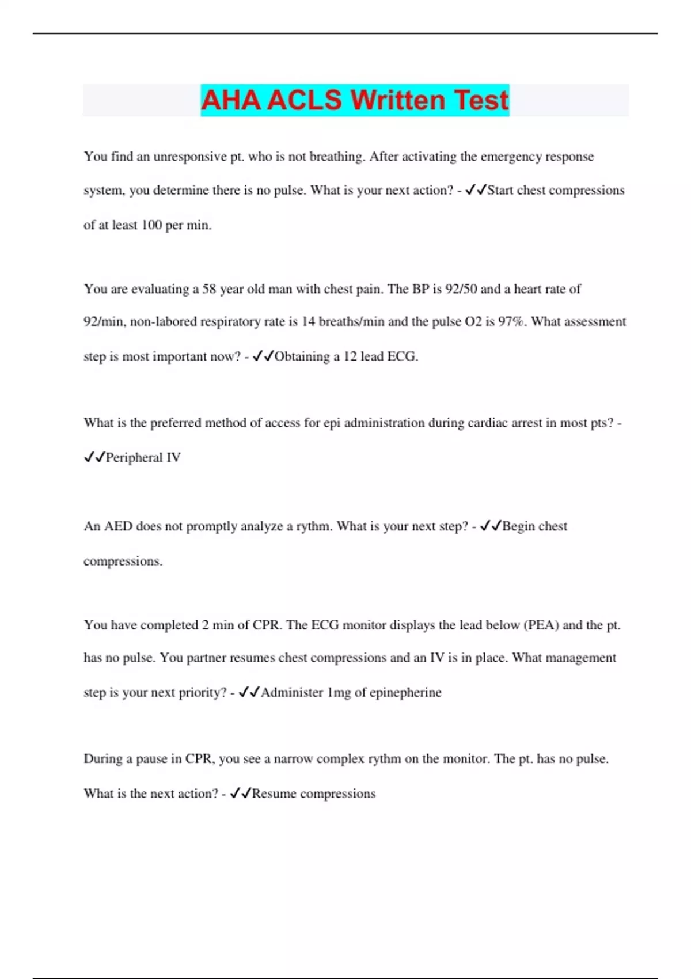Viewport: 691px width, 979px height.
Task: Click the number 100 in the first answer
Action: pos(151,225)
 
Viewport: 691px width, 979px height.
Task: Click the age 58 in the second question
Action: pos(209,289)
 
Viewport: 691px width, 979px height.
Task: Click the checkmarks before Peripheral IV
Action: pos(94,457)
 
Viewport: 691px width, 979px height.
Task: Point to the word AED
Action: pos(118,526)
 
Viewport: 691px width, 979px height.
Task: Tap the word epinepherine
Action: pos(405,693)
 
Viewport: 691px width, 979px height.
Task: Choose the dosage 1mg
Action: pos(339,693)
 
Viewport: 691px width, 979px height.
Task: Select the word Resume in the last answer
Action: pos(274,794)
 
